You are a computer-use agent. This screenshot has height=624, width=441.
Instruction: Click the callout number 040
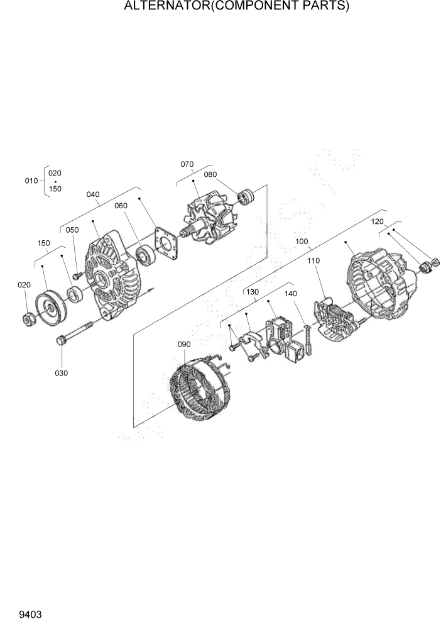click(x=92, y=194)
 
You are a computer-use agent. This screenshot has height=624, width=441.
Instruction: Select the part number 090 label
click(x=183, y=344)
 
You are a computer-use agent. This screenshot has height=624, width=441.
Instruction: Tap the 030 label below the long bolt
click(x=61, y=373)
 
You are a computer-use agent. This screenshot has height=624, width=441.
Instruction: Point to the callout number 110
click(x=313, y=260)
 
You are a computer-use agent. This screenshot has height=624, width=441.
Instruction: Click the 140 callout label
click(x=290, y=293)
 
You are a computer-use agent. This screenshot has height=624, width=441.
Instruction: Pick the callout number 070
click(x=187, y=164)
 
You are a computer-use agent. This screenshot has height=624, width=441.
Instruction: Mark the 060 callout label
click(x=121, y=205)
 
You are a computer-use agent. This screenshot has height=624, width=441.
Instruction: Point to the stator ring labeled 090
click(x=199, y=389)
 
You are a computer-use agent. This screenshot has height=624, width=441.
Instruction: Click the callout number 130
click(x=252, y=292)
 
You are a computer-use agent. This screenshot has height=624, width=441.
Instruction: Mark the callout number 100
click(x=302, y=241)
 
